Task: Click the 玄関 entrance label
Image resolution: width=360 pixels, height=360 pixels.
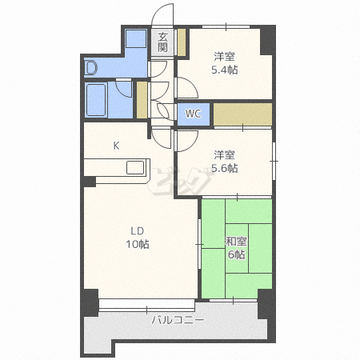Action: (162, 42)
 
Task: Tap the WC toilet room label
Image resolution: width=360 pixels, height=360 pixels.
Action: (194, 114)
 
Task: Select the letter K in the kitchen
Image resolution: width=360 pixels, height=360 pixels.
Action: (116, 146)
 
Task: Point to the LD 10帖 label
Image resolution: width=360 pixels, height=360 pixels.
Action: (138, 238)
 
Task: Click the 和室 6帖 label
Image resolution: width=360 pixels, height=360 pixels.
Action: (236, 248)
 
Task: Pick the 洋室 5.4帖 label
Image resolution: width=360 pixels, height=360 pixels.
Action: (225, 63)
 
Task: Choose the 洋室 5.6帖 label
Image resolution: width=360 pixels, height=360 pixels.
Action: (225, 162)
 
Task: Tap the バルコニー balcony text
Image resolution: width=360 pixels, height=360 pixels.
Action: (178, 319)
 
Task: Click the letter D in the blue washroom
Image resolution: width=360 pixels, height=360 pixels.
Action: (91, 67)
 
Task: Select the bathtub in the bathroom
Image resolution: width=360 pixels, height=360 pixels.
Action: (96, 100)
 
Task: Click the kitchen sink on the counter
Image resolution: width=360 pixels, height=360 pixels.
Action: (135, 168)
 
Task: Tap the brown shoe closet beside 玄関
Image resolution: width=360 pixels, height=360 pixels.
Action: (182, 42)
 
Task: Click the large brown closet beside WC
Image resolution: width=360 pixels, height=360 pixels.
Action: (242, 114)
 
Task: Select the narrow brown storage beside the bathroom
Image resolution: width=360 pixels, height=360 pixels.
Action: (142, 100)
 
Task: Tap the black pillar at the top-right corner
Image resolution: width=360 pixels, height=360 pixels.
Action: (267, 41)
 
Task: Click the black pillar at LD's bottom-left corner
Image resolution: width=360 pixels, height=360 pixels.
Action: (90, 302)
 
